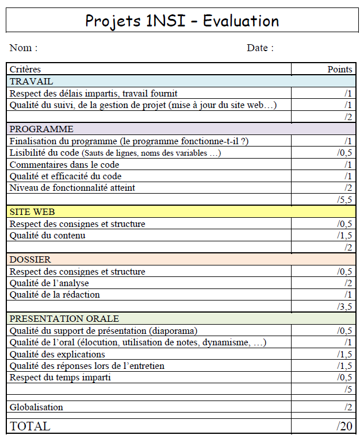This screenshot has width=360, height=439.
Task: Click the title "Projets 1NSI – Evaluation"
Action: pyautogui.click(x=182, y=21)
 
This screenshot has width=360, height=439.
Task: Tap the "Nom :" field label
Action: pyautogui.click(x=24, y=48)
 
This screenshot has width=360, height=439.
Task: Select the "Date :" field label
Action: pyautogui.click(x=260, y=48)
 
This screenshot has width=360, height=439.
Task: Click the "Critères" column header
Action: pyautogui.click(x=25, y=70)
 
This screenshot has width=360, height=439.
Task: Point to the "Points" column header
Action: pyautogui.click(x=339, y=70)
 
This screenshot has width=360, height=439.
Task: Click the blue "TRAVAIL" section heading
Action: pyautogui.click(x=31, y=82)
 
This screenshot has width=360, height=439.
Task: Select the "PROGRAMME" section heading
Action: pyautogui.click(x=41, y=129)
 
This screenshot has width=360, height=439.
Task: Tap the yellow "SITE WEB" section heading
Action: pyautogui.click(x=32, y=212)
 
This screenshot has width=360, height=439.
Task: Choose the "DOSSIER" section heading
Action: pyautogui.click(x=30, y=260)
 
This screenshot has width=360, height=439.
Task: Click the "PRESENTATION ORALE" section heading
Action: pyautogui.click(x=64, y=319)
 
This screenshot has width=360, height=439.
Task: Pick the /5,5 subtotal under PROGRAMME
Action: pyautogui.click(x=344, y=200)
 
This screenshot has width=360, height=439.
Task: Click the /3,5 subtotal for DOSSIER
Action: pyautogui.click(x=344, y=307)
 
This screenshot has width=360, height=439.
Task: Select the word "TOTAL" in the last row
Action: pyautogui.click(x=30, y=426)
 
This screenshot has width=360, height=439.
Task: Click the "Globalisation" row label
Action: pyautogui.click(x=36, y=407)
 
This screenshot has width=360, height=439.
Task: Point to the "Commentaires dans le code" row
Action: pyautogui.click(x=64, y=165)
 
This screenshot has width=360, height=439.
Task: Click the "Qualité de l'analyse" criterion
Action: pyautogui.click(x=49, y=283)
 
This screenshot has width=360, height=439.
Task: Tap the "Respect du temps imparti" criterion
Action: pyautogui.click(x=60, y=378)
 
